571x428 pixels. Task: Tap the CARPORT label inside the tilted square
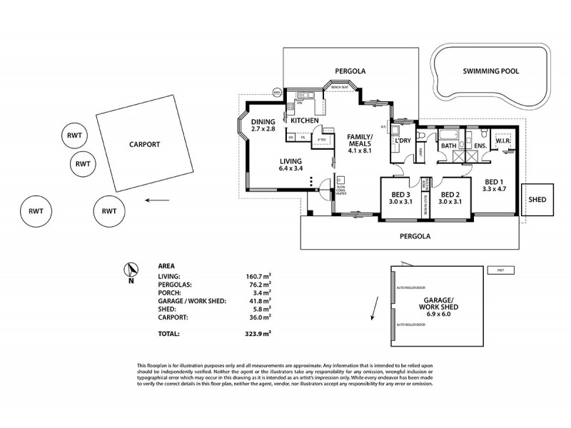click(x=144, y=143)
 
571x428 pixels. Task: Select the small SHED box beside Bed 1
click(x=537, y=200)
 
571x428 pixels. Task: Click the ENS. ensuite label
click(x=480, y=147)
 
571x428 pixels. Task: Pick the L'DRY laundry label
click(x=402, y=141)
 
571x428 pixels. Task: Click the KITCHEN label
click(x=304, y=121)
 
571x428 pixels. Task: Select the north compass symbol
click(x=129, y=270)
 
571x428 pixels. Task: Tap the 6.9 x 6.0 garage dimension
click(x=440, y=315)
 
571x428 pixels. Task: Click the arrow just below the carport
click(x=151, y=200)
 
